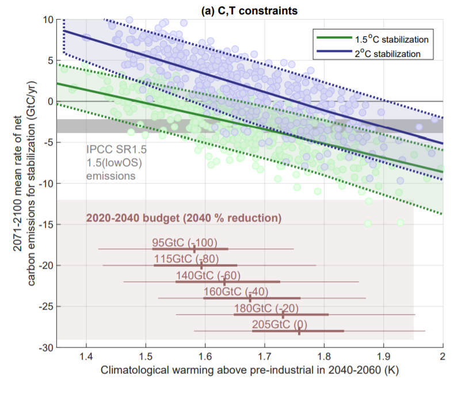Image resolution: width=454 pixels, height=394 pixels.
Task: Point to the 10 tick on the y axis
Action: (47, 19)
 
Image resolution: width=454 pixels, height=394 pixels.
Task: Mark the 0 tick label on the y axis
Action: (49, 101)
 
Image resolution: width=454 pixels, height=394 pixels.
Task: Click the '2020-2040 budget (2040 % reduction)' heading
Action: (184, 219)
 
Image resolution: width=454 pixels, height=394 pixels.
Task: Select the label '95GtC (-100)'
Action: (184, 242)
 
